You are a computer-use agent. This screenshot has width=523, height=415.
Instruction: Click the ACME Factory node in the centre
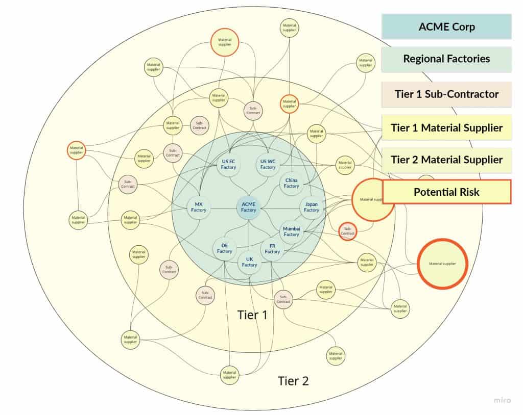[249, 207]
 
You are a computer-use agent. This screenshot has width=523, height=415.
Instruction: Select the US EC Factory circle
[228, 164]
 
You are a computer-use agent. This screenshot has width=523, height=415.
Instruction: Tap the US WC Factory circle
[268, 164]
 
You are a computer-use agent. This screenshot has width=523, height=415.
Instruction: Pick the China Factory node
[292, 183]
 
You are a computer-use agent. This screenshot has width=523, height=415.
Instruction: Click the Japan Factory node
[312, 207]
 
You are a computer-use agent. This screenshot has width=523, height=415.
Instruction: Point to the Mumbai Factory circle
[292, 231]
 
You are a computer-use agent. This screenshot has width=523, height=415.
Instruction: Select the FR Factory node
[272, 249]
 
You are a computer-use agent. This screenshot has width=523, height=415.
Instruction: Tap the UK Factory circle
[249, 262]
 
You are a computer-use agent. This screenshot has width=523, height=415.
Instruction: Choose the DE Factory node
[225, 248]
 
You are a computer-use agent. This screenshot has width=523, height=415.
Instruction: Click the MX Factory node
[199, 207]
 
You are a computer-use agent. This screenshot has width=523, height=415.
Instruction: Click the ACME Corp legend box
[446, 27]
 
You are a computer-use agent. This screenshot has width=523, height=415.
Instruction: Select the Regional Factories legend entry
[446, 59]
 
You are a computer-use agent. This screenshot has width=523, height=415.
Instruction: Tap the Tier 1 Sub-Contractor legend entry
[446, 94]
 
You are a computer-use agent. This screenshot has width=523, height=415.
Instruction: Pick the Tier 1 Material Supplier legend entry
[446, 127]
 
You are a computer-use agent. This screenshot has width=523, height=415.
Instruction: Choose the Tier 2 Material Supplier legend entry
[446, 160]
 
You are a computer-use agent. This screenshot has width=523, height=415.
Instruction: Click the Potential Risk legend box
[446, 192]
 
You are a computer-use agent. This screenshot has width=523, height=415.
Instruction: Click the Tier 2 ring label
[293, 380]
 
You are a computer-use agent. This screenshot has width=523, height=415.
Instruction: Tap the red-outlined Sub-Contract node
[348, 231]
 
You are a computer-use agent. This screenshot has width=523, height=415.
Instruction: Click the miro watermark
[502, 401]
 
